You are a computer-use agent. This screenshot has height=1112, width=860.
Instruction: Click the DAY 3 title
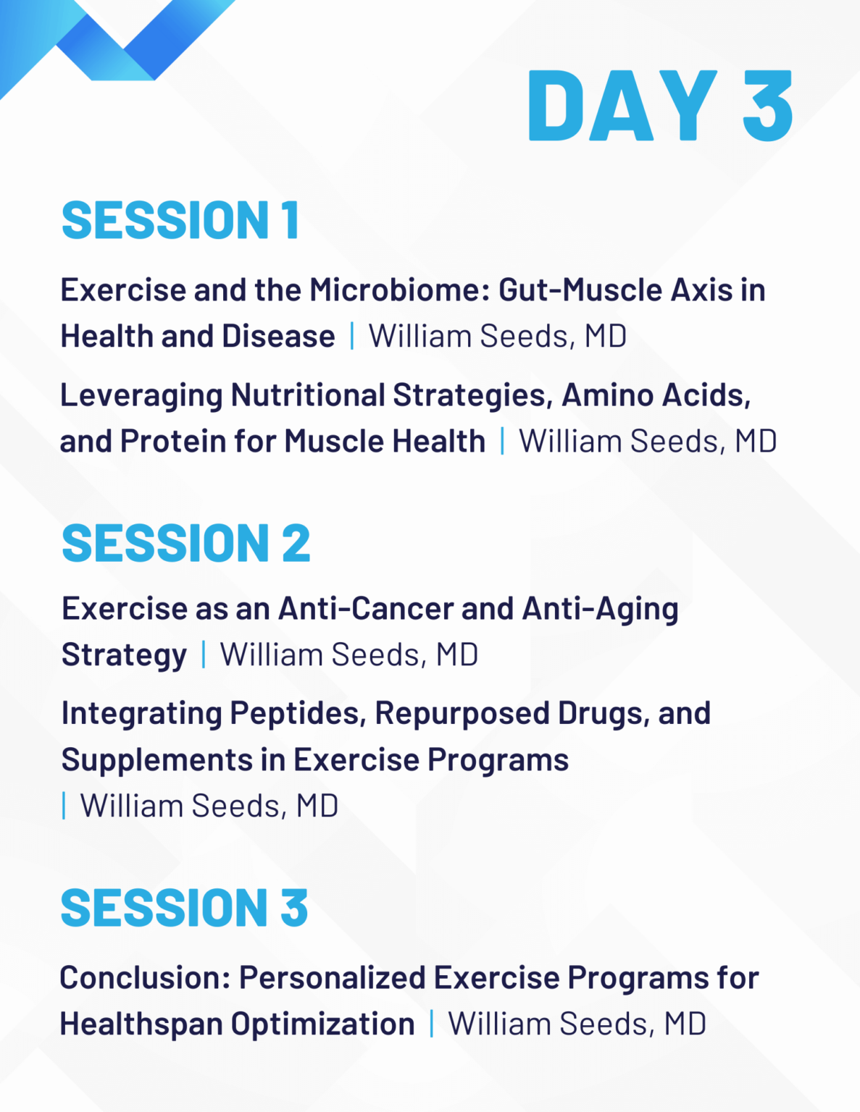(660, 106)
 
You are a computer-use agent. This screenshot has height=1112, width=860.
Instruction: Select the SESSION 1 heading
(180, 220)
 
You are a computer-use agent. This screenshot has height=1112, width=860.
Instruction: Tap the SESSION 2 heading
(185, 543)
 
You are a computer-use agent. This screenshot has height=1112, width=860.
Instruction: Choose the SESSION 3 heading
(184, 908)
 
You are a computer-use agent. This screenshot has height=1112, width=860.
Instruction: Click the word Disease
(278, 336)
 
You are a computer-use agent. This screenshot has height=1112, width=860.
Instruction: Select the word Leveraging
(141, 396)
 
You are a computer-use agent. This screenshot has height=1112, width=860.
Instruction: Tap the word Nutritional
(308, 395)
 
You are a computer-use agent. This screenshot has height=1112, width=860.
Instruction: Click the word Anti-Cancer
(365, 608)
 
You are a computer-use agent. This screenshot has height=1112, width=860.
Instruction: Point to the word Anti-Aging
(600, 610)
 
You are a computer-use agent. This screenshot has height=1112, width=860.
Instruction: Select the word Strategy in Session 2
(124, 655)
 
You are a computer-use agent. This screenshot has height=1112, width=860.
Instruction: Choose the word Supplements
(157, 760)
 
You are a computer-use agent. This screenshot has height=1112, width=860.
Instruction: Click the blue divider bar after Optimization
(432, 1024)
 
